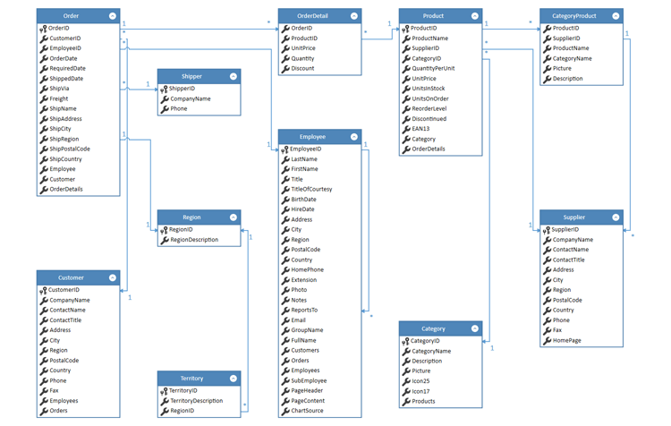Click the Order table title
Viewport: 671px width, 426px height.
tap(71, 16)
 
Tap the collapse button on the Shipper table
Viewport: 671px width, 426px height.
tap(234, 76)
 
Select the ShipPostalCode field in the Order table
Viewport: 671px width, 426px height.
tap(70, 149)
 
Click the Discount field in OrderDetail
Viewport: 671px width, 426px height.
tap(302, 69)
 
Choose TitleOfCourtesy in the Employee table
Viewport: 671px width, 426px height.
tap(311, 189)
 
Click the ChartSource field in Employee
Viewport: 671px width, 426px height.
tap(307, 411)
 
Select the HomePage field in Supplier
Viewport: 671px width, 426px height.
tap(566, 340)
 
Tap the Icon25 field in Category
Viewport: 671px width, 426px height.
tap(420, 380)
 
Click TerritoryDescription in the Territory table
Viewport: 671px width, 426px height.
tap(195, 401)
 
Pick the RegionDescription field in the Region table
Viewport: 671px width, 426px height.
tap(193, 240)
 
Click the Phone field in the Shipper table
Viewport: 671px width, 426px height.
tap(178, 109)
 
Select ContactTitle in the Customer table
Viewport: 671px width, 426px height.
tap(65, 319)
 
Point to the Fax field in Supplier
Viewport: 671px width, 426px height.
tap(557, 330)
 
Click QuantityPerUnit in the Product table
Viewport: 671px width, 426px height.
tap(433, 68)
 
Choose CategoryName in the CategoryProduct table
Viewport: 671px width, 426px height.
tap(572, 58)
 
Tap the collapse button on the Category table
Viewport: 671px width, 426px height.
tap(475, 328)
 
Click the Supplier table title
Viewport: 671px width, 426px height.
tap(574, 217)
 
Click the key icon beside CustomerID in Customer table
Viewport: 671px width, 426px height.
tap(43, 290)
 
